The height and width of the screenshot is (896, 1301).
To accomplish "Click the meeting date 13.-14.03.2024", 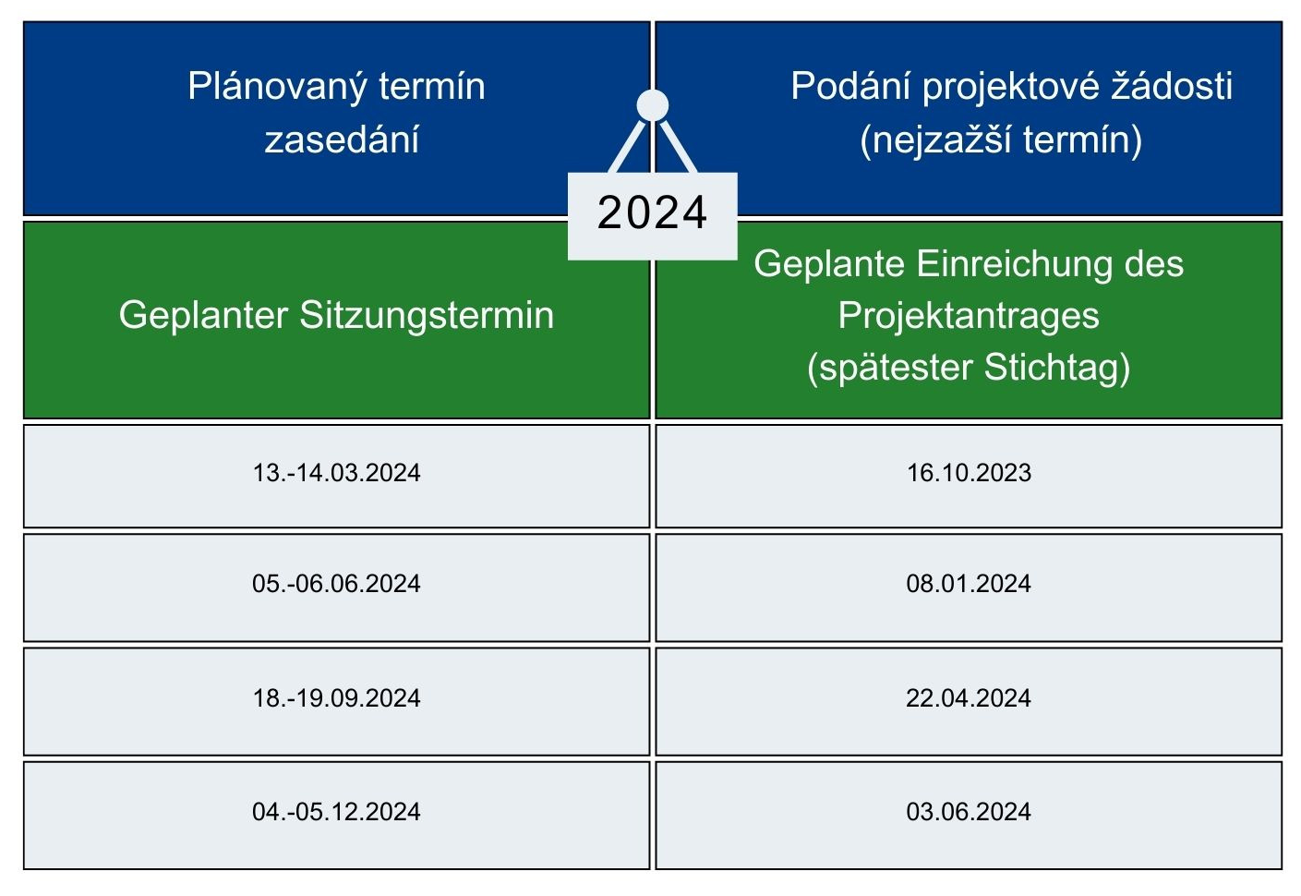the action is click(336, 472).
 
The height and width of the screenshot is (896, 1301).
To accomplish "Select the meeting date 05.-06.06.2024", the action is click(336, 584).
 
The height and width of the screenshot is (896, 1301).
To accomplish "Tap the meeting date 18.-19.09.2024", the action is click(336, 697).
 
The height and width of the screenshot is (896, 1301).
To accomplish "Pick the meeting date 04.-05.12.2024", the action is click(336, 812).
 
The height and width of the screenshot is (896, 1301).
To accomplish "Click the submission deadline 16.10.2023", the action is click(969, 472).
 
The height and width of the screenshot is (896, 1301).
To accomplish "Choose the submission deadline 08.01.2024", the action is click(969, 584).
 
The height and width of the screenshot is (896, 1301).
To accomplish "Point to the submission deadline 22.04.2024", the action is click(969, 697).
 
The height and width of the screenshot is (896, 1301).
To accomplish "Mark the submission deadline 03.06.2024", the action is click(969, 812).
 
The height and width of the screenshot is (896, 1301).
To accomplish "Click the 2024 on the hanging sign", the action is click(652, 212).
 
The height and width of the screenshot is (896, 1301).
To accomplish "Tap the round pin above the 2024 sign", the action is click(652, 105).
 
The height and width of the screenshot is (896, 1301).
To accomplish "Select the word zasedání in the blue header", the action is click(342, 140).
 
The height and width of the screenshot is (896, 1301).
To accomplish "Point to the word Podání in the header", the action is click(851, 86).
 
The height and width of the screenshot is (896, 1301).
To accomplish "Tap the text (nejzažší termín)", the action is click(1001, 141).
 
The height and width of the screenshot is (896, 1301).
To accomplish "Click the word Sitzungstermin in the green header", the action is click(427, 316).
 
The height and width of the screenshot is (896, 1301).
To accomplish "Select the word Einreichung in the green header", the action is click(1015, 265).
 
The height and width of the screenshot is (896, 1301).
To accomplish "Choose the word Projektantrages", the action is click(969, 317).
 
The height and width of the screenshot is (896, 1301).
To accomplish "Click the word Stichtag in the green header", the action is click(1057, 369).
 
